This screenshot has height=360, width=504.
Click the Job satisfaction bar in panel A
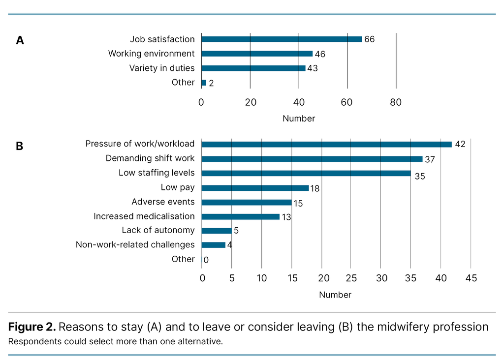[x=282, y=39]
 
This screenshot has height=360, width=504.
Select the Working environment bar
[x=257, y=54]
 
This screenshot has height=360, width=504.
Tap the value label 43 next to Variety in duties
[x=312, y=68]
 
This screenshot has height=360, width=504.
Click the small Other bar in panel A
[x=204, y=83]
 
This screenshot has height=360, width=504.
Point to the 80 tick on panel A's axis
[x=396, y=102]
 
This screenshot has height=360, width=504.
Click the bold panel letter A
[x=20, y=40]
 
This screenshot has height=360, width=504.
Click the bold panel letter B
[x=20, y=146]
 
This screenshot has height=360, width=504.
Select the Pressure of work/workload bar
[x=327, y=144]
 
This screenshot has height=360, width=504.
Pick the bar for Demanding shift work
[x=312, y=159]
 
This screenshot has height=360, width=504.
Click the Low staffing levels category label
[x=157, y=173]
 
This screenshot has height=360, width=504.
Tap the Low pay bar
[x=255, y=188]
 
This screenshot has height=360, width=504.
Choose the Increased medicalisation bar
[x=241, y=216]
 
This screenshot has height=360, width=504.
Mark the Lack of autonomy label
[x=158, y=231]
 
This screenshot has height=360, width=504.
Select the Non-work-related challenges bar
[x=214, y=245]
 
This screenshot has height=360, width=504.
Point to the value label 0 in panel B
[x=206, y=260]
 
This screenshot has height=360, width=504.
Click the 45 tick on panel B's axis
[x=471, y=278]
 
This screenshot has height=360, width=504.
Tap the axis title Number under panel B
[x=335, y=295]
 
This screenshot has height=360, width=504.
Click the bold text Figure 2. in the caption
[x=31, y=327]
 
